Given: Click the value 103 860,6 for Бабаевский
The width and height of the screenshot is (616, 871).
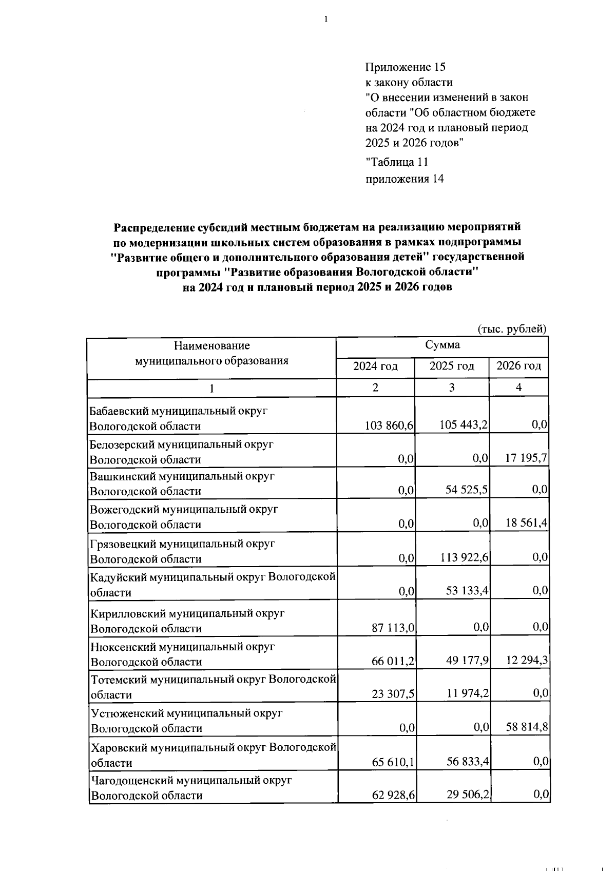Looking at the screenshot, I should point(389,425).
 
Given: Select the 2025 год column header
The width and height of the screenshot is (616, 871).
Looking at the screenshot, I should point(451,366).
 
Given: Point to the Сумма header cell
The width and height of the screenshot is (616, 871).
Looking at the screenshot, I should point(442,345).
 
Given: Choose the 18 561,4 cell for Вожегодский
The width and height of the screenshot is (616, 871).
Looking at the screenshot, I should point(526,523).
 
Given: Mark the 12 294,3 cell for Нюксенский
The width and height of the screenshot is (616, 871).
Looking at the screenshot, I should point(526,660).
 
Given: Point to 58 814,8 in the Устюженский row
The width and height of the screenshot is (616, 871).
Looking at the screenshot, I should point(526,727).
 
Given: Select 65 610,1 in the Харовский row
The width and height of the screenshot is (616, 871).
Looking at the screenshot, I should point(393,761).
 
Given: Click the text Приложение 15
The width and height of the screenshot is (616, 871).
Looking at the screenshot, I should point(405,67).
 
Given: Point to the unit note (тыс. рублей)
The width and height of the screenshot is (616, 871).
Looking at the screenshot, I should point(512,329).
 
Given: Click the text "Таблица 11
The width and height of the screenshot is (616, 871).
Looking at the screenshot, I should point(396,162).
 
